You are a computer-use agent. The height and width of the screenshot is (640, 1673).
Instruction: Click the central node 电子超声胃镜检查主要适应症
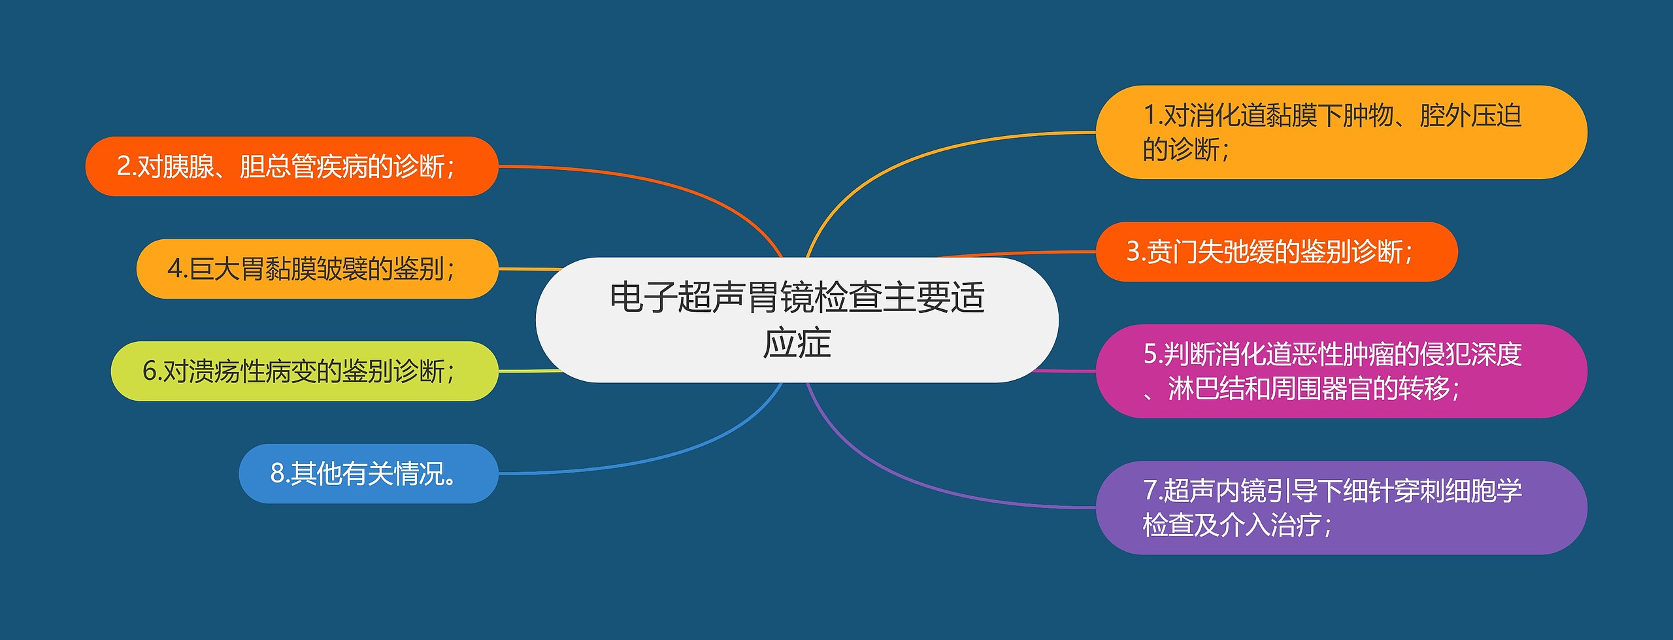click(x=797, y=320)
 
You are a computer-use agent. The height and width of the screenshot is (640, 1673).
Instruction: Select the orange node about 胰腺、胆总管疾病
click(x=291, y=166)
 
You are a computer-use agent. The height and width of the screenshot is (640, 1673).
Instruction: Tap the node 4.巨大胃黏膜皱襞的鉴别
click(x=317, y=269)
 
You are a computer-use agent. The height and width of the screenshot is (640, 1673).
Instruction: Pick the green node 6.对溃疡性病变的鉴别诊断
click(x=305, y=371)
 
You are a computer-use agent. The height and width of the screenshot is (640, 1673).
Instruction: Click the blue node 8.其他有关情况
click(x=368, y=473)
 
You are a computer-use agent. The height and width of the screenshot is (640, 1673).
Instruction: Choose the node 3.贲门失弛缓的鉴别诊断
click(x=1276, y=252)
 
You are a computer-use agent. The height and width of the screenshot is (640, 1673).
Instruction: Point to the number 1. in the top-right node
click(x=1153, y=116)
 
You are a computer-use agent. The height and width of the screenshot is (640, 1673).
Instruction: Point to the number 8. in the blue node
click(x=280, y=473)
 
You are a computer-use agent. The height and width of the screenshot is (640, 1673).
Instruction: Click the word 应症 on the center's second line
click(x=797, y=343)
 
